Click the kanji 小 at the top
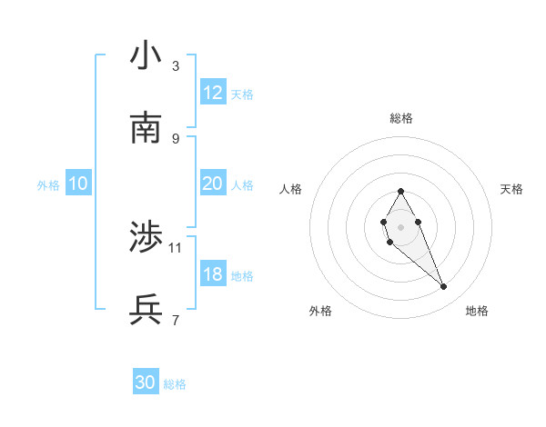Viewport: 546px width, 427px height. pyautogui.click(x=147, y=56)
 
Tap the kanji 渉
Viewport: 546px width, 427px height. pyautogui.click(x=147, y=238)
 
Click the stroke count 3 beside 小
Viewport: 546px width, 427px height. pyautogui.click(x=176, y=66)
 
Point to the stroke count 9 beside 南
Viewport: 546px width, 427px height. pyautogui.click(x=176, y=138)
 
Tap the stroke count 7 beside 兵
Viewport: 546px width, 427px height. pyautogui.click(x=176, y=320)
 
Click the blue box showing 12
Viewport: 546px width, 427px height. pyautogui.click(x=213, y=93)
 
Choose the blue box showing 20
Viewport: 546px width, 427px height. pyautogui.click(x=213, y=184)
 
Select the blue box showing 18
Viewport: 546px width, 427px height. pyautogui.click(x=213, y=274)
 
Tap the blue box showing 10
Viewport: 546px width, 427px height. pyautogui.click(x=78, y=184)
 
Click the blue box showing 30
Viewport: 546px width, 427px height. pyautogui.click(x=146, y=383)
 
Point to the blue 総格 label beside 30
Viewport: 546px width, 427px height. pyautogui.click(x=175, y=384)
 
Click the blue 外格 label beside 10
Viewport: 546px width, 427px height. pyautogui.click(x=48, y=184)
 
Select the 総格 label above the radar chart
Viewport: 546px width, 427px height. pyautogui.click(x=401, y=118)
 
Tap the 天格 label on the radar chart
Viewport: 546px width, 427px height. pyautogui.click(x=512, y=189)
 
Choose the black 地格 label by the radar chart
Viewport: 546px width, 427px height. pyautogui.click(x=477, y=311)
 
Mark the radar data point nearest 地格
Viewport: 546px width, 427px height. pyautogui.click(x=444, y=287)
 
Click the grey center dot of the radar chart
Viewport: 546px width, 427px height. pyautogui.click(x=400, y=226)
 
